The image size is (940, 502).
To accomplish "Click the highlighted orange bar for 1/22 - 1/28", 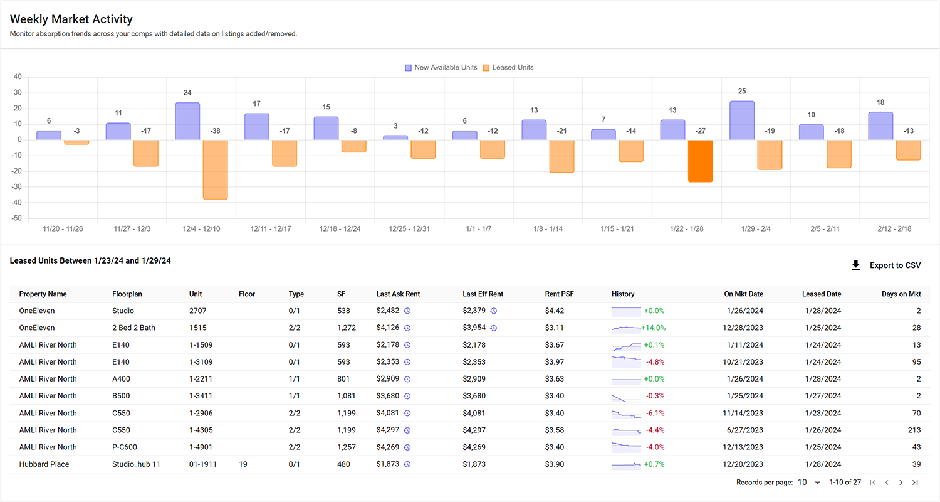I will pyautogui.click(x=700, y=161).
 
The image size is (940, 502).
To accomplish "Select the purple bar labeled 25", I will pyautogui.click(x=742, y=120).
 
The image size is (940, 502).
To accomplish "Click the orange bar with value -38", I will pyautogui.click(x=215, y=169).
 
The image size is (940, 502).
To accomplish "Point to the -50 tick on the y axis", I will pyautogui.click(x=17, y=218).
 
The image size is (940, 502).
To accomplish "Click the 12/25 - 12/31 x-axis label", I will pyautogui.click(x=410, y=229).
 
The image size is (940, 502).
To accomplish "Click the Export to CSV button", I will pyautogui.click(x=886, y=265).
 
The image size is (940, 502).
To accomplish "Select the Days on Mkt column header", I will pyautogui.click(x=901, y=294).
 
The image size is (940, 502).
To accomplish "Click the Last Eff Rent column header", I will pyautogui.click(x=483, y=294).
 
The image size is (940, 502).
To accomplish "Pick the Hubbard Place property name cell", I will pyautogui.click(x=44, y=464).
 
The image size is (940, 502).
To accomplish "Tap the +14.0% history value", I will pyautogui.click(x=653, y=328).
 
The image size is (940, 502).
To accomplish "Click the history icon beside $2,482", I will pyautogui.click(x=407, y=311).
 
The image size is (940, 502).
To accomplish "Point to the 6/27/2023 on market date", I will pyautogui.click(x=743, y=430).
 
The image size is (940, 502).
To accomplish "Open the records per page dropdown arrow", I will pyautogui.click(x=817, y=483).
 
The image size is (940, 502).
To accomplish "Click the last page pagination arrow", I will pyautogui.click(x=915, y=483).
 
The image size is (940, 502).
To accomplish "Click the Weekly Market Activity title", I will pyautogui.click(x=71, y=19).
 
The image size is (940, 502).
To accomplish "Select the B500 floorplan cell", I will pyautogui.click(x=122, y=396).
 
